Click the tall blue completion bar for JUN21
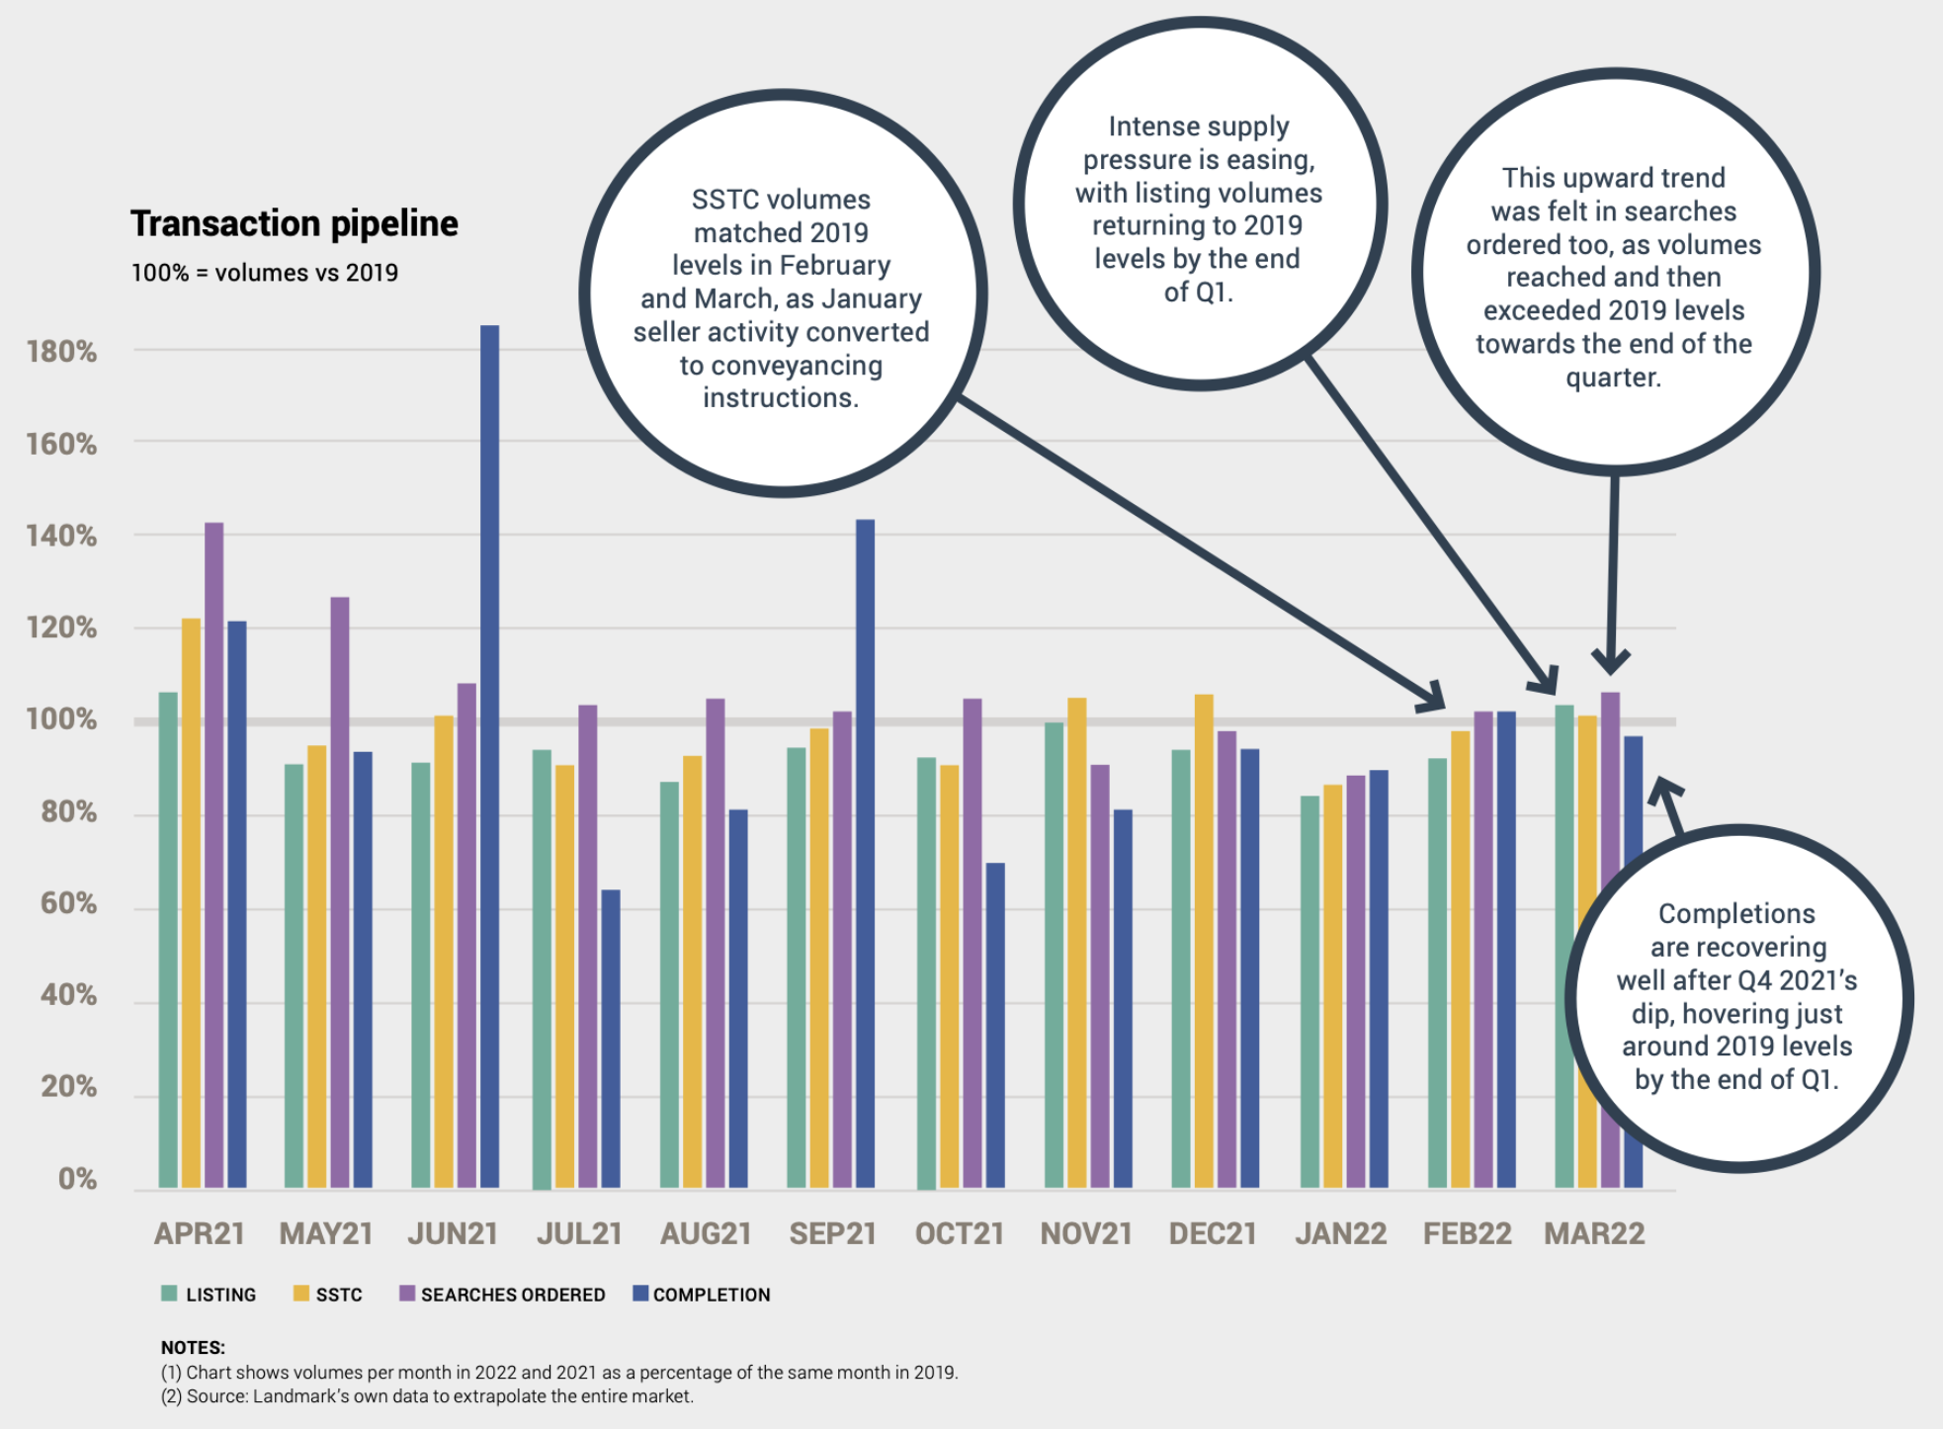pos(489,756)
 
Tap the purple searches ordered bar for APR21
pos(213,855)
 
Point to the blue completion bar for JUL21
pos(611,1038)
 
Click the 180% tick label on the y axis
pos(61,352)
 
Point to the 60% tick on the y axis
pos(68,903)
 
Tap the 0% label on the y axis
pos(77,1179)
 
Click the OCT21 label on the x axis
pos(959,1234)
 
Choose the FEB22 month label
pos(1467,1234)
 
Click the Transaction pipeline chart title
pos(295,224)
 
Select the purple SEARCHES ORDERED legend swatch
pos(407,1294)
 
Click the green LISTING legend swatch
pos(169,1294)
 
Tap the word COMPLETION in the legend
pos(712,1295)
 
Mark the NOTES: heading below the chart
pos(193,1347)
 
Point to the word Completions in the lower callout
pos(1736,914)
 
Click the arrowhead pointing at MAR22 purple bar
pos(1611,663)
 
